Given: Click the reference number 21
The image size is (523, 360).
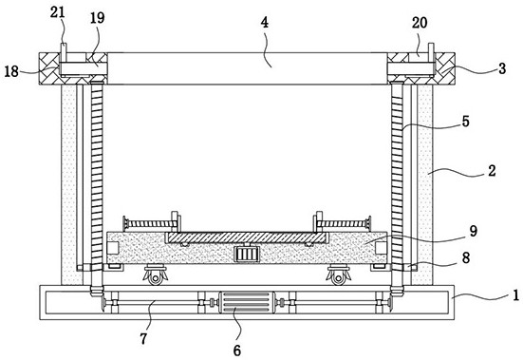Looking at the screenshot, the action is (57, 12).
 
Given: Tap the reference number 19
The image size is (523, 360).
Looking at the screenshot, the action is (98, 18).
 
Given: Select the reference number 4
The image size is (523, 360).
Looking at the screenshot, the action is (264, 23).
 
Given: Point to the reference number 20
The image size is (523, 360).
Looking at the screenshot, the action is (420, 23).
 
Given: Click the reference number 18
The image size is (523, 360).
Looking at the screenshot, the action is (11, 71).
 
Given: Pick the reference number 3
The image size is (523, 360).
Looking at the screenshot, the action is (502, 68).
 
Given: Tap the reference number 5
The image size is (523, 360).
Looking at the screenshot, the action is (466, 122).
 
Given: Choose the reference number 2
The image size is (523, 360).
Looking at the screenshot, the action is (492, 170).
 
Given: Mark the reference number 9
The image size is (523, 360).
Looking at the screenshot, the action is (474, 231).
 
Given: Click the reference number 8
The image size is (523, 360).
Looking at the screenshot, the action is (466, 257).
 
